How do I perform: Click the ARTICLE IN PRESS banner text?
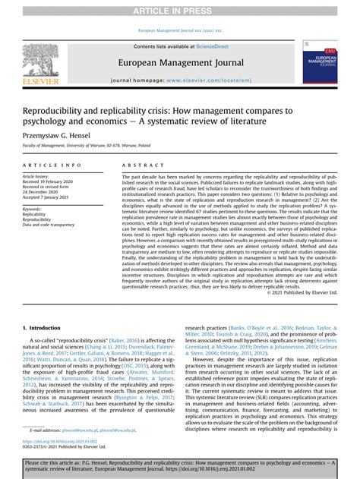tap(180, 10)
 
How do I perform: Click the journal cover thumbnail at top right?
tap(320, 63)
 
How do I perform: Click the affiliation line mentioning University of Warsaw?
tap(84, 144)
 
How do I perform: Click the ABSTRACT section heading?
tap(138, 165)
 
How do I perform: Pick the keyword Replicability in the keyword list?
tap(36, 215)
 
